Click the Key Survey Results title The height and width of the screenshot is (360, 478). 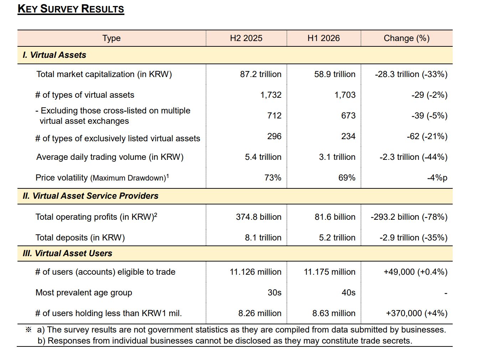pos(71,9)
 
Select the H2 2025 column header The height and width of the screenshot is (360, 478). pos(246,38)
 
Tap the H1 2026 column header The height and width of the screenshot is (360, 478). pos(323,38)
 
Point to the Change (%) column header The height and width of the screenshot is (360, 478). pos(407,38)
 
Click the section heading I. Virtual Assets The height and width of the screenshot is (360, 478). pos(55,55)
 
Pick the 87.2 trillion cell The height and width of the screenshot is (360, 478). pos(261,74)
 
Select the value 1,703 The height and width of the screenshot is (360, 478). pos(345,95)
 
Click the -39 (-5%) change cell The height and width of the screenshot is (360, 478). pos(429,116)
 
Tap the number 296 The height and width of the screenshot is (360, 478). pos(274,136)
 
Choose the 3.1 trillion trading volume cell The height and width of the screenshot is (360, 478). pos(337,157)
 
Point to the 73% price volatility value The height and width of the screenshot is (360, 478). pos(273,178)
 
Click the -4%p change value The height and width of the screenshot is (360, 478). pos(437,178)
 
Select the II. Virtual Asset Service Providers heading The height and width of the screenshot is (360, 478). pos(91,196)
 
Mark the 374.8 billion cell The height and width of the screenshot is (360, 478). pos(259,217)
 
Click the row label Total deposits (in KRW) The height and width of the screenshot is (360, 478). pos(80,238)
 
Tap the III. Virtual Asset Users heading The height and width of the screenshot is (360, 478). pos(67,253)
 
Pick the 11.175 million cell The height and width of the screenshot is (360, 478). pos(329,272)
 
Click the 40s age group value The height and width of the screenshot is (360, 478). pos(348,293)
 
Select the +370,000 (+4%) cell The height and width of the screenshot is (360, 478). pos(417,313)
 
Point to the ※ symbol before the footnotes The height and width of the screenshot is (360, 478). pos(29,330)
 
